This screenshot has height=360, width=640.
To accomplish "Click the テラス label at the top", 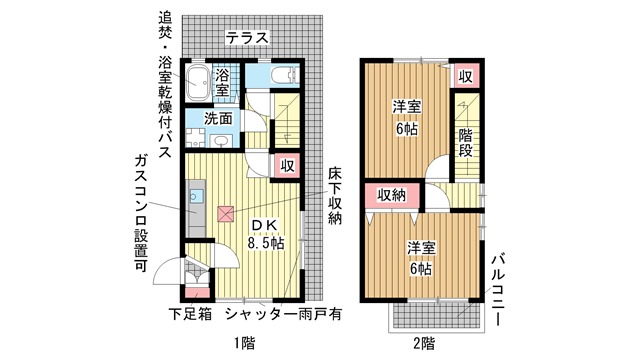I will [x=246, y=38].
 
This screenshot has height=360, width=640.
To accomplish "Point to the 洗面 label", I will [x=219, y=118].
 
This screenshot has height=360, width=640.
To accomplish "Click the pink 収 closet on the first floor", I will [x=287, y=166].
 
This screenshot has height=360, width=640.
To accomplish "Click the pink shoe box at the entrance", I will [x=199, y=292].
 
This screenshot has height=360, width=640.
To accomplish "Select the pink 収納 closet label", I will [x=391, y=196].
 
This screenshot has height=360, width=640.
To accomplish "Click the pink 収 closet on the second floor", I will [x=465, y=77].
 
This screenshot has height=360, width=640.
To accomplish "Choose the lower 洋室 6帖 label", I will [x=419, y=257].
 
